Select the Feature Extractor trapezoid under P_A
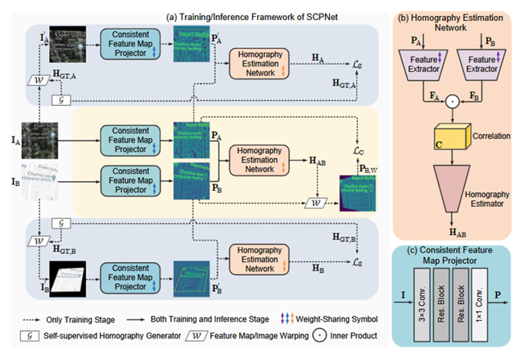420,64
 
